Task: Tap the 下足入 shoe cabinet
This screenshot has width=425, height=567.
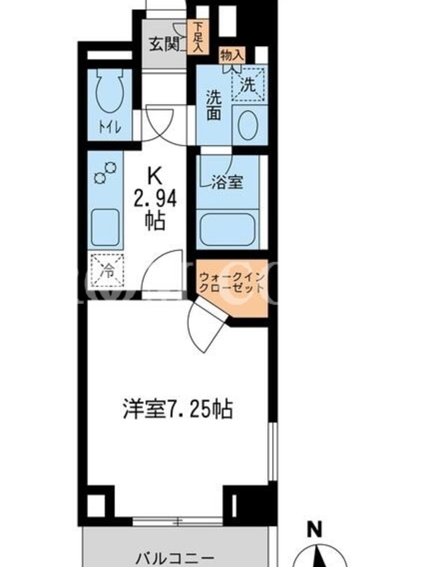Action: coord(198,38)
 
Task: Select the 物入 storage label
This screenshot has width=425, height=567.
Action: coord(232,56)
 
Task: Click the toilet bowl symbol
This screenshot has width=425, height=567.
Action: coord(109,89)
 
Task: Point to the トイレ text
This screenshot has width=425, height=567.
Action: coord(110,128)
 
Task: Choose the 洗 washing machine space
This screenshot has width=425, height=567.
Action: coord(249,84)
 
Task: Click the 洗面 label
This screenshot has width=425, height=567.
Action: coord(214,104)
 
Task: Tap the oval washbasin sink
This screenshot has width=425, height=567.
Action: coord(248,125)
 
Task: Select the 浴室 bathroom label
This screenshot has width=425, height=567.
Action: coord(227,181)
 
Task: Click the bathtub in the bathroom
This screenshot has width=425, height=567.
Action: coord(227,230)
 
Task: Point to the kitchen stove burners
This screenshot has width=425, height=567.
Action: coord(106,172)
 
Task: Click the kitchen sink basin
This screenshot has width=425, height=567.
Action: coord(105,228)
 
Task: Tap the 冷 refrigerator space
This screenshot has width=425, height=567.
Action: coord(107,271)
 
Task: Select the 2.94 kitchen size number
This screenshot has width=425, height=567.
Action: coord(155,199)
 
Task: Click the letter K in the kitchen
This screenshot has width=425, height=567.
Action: coord(154,176)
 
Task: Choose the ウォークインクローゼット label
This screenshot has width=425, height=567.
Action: coord(232,283)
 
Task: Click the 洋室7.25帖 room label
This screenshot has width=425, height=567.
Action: coord(178,410)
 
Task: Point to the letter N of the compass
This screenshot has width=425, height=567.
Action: coord(314,530)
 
